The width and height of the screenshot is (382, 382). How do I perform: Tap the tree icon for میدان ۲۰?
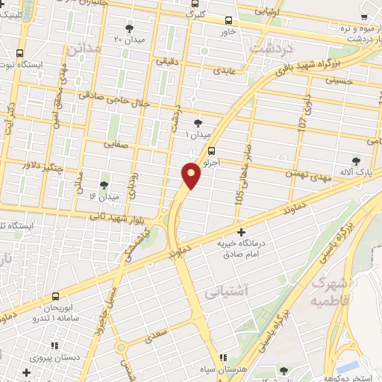tap(130, 28)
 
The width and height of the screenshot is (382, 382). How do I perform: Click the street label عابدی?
tap(225, 72)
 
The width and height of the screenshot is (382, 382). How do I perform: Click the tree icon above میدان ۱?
tap(198, 123)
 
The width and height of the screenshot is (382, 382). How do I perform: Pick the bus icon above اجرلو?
tap(213, 149)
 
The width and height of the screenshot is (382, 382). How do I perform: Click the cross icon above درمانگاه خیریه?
tap(240, 232)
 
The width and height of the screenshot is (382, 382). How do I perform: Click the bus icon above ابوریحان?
tap(55, 296)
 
